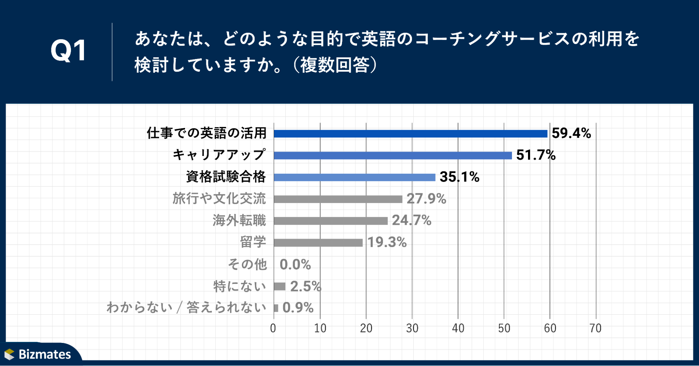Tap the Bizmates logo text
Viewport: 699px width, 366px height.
(44, 354)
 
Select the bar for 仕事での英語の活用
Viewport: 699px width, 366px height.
(411, 134)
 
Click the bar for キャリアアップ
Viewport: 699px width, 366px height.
(393, 156)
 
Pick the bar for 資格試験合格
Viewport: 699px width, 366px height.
(355, 177)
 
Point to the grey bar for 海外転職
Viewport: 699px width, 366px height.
(331, 221)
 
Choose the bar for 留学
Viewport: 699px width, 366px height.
(318, 243)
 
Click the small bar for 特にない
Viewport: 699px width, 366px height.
(280, 287)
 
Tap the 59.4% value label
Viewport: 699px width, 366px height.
(571, 133)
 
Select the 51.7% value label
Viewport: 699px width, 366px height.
(536, 155)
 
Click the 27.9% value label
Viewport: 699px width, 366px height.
(426, 199)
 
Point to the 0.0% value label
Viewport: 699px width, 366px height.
(295, 265)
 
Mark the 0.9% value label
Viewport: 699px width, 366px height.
(298, 308)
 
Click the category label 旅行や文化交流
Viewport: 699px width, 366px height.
(219, 199)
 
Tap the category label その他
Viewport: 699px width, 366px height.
(247, 264)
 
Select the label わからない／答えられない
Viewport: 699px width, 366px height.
(186, 308)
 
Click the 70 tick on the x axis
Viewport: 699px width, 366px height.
(595, 328)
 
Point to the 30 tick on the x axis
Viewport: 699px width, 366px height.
(412, 328)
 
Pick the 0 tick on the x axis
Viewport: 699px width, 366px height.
(273, 328)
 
